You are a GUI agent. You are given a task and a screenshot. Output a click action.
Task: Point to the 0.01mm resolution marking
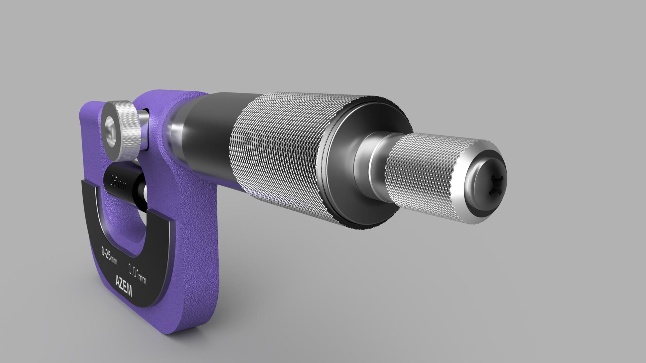pos(137,273)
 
